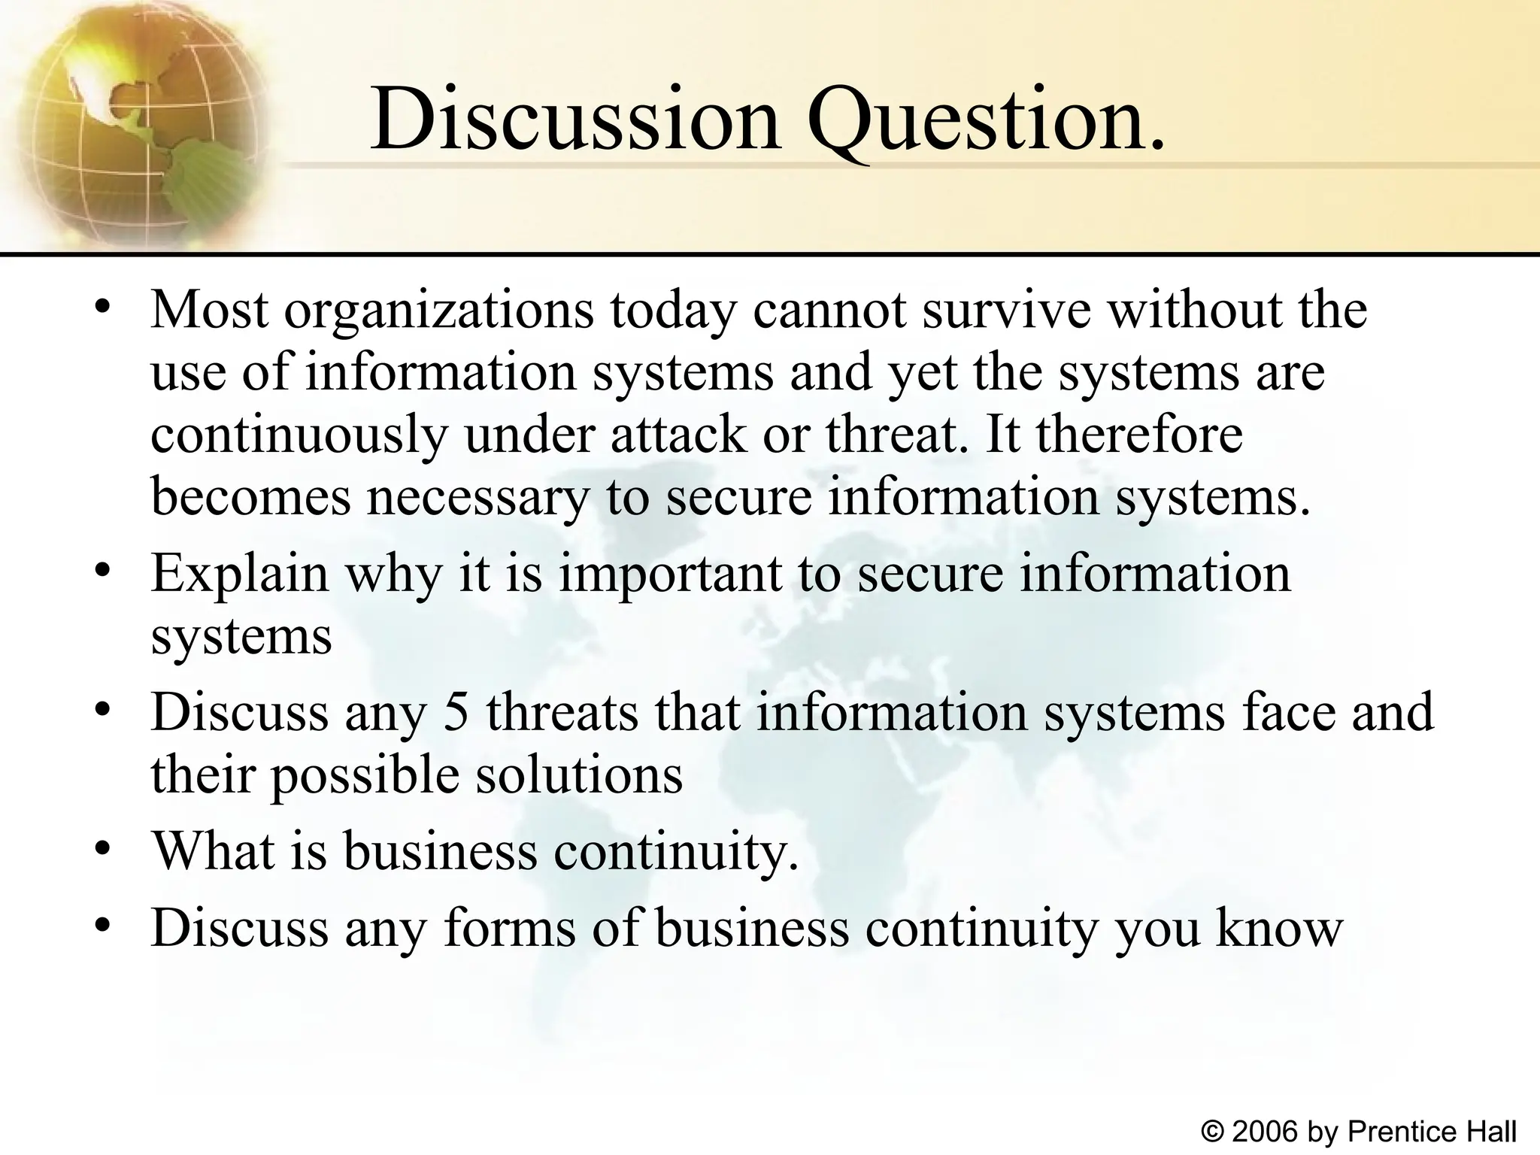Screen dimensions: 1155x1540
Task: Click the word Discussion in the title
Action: pyautogui.click(x=575, y=120)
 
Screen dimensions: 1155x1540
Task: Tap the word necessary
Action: pyautogui.click(x=477, y=498)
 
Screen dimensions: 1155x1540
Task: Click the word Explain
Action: pyautogui.click(x=240, y=574)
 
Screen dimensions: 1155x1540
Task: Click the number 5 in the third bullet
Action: pyautogui.click(x=456, y=712)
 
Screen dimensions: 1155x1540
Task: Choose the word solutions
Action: pyautogui.click(x=579, y=775)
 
